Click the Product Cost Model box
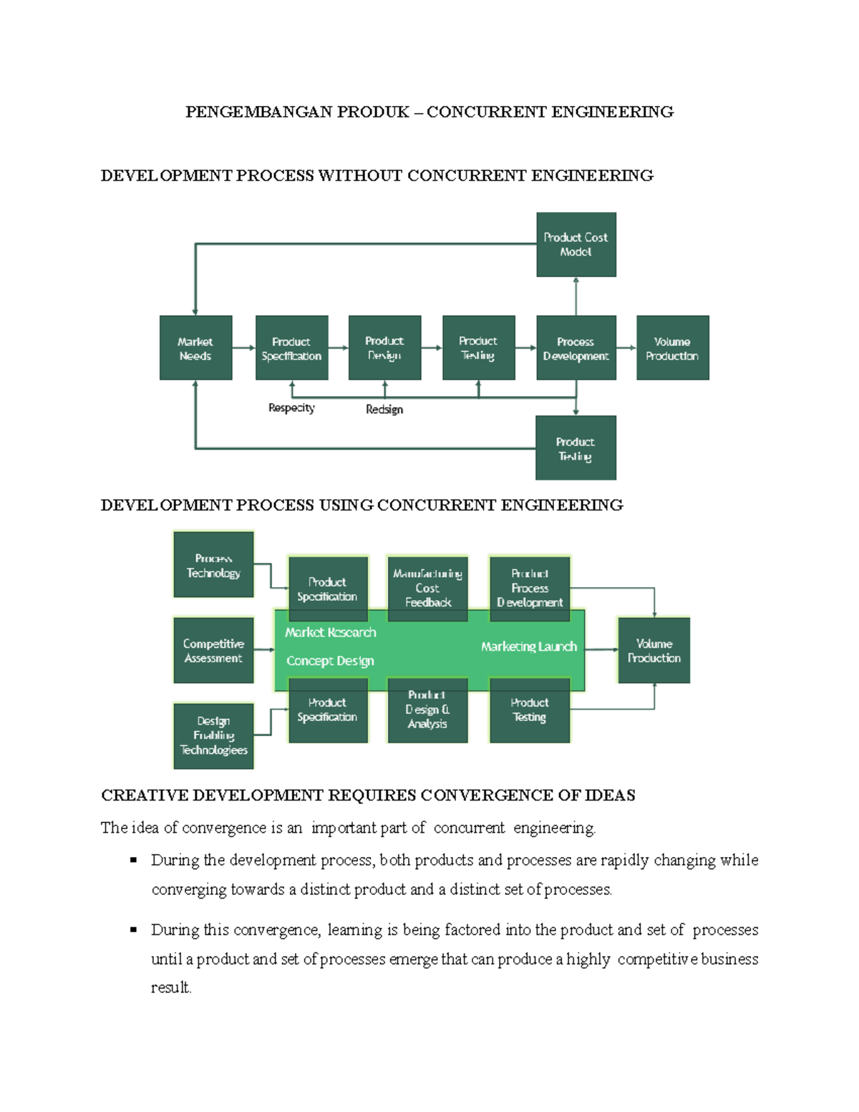(x=576, y=244)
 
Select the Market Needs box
(x=195, y=348)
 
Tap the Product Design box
(x=384, y=348)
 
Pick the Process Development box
(x=576, y=348)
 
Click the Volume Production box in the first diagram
(x=672, y=348)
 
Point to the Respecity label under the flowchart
(x=291, y=408)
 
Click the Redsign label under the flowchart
(x=384, y=410)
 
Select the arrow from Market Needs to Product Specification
(x=244, y=348)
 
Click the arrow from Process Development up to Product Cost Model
(x=576, y=296)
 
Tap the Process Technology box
(x=213, y=565)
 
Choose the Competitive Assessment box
(x=213, y=650)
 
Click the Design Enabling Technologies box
(x=213, y=735)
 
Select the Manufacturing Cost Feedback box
(x=427, y=588)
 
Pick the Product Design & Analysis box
(x=427, y=710)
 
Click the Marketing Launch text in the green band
(x=528, y=647)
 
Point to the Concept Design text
(x=330, y=661)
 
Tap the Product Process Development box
(x=530, y=588)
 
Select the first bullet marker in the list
(x=133, y=860)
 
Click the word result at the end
(x=170, y=987)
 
